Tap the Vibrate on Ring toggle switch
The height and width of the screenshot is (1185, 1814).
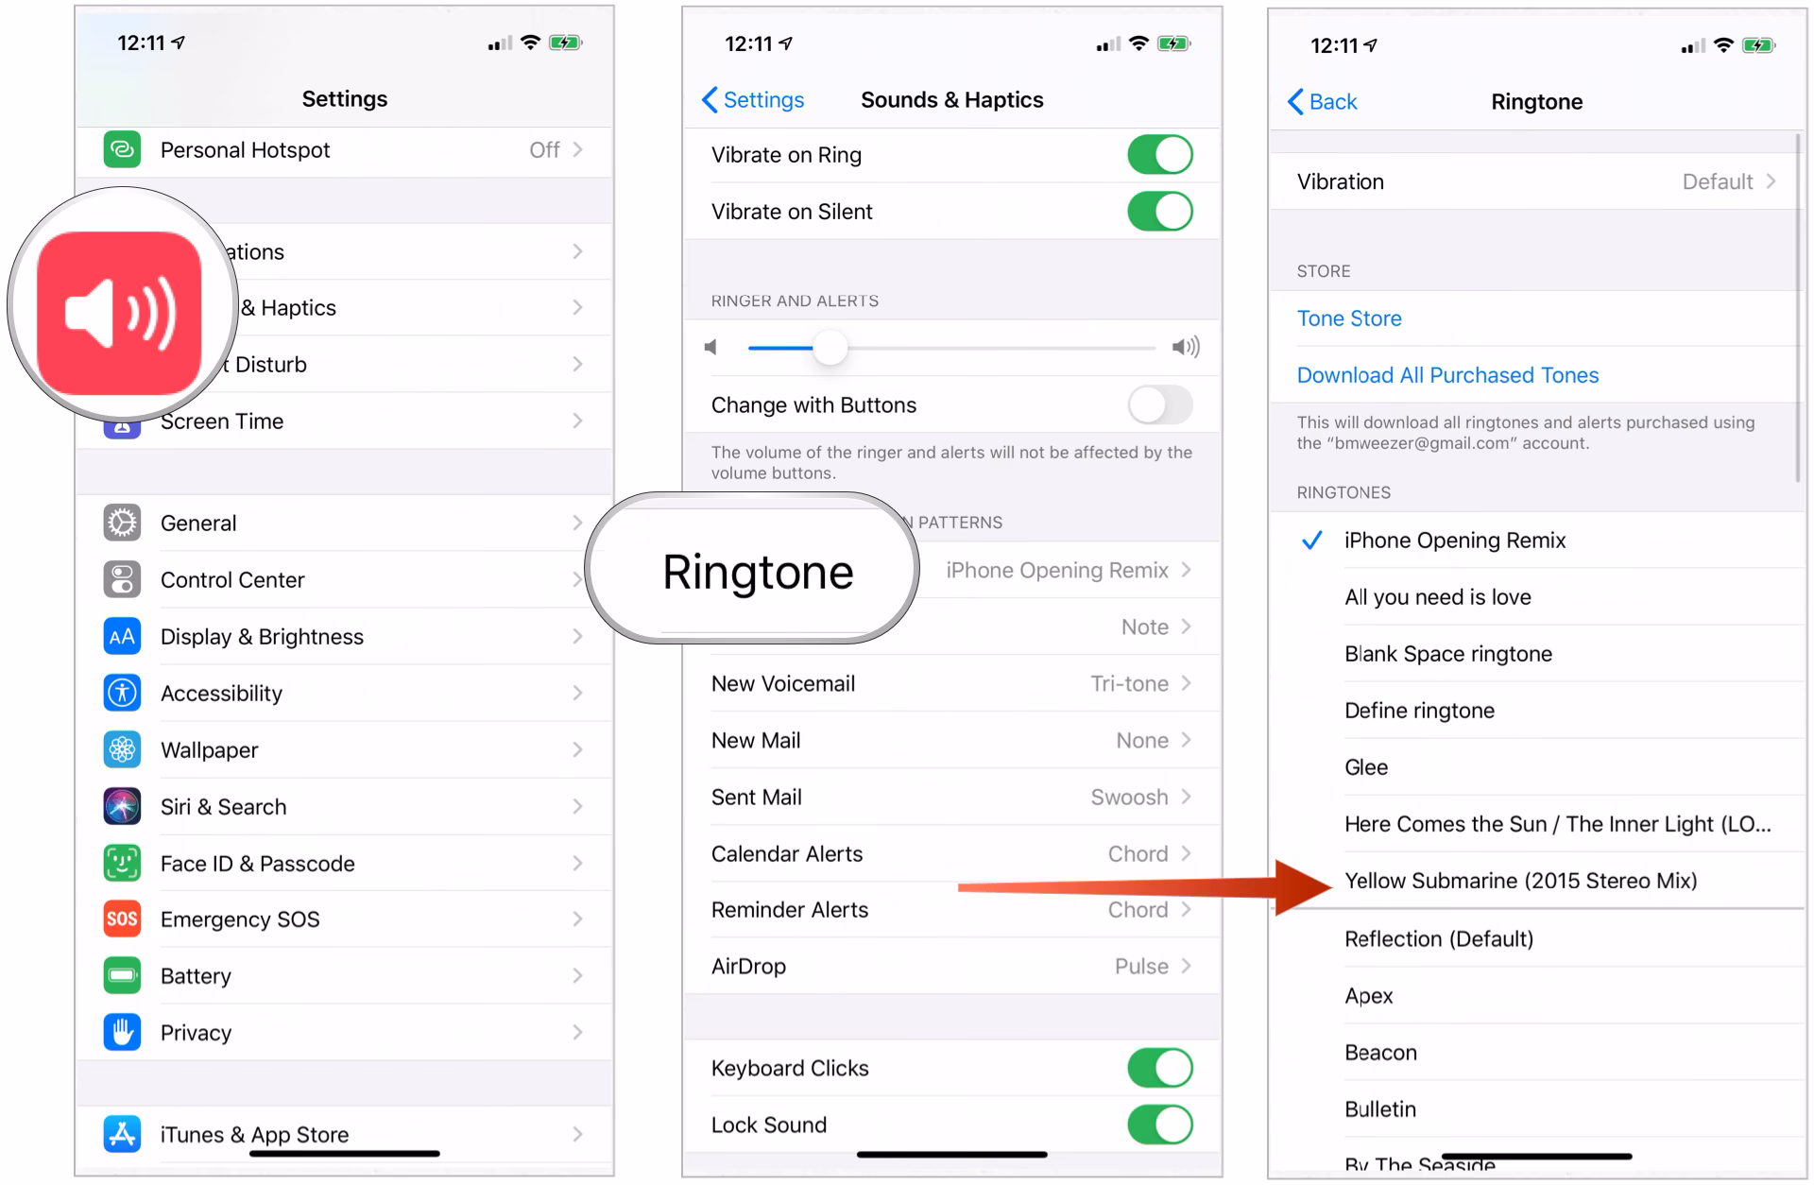tap(1159, 155)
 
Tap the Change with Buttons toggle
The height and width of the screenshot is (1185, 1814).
tap(1159, 405)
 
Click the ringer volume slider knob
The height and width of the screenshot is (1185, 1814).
tap(830, 348)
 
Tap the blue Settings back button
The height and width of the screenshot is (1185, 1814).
tap(754, 100)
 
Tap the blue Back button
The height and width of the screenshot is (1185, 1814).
tap(1323, 102)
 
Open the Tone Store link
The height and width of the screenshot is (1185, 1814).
tap(1348, 318)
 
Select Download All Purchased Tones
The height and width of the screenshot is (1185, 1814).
tap(1446, 375)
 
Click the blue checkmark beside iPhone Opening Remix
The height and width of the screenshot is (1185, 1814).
tap(1311, 541)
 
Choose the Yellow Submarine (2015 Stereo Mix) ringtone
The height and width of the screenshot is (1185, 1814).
tap(1520, 881)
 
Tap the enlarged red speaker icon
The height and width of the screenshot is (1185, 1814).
tap(120, 313)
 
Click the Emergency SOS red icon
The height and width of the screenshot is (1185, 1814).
tap(122, 919)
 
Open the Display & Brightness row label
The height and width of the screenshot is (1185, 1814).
tap(262, 637)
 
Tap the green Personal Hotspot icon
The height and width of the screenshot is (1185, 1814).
tap(122, 149)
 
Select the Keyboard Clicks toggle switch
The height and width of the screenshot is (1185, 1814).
tap(1159, 1069)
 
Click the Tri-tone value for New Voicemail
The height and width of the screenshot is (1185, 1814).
tap(1129, 684)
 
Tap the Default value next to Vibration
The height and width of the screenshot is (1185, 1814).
tap(1717, 181)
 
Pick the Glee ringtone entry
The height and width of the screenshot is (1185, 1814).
tap(1366, 767)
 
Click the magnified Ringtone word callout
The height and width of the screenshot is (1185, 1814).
tap(757, 572)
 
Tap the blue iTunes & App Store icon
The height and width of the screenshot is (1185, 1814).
tap(122, 1133)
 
